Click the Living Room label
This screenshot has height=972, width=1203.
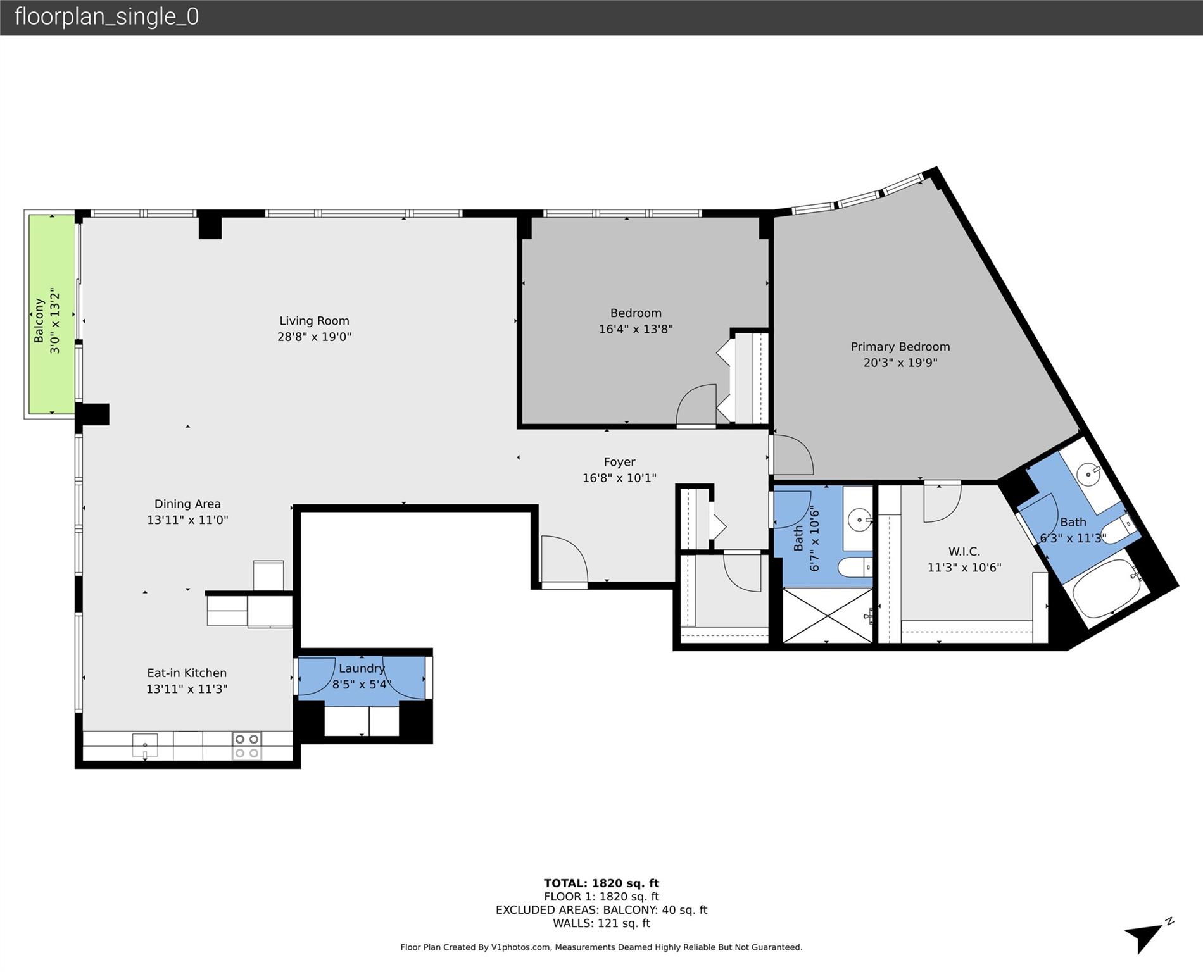coord(314,321)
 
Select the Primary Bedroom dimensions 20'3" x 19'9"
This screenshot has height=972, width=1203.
coord(900,363)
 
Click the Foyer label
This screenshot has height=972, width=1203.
coord(619,462)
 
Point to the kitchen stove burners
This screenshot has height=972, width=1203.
coord(246,745)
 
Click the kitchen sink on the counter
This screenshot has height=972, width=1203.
coord(145,745)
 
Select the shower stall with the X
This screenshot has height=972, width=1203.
coord(827,614)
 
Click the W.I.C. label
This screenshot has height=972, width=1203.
coord(964,552)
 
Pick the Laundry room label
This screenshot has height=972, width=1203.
coord(362,668)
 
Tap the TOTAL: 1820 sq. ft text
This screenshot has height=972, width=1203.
coord(601,883)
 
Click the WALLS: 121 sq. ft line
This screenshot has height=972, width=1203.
coord(601,923)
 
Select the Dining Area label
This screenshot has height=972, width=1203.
coord(187,504)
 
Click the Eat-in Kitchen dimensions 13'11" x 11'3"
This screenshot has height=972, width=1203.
coord(187,689)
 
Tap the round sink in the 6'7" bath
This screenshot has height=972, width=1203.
coord(859,520)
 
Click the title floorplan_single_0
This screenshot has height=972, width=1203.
coord(106,16)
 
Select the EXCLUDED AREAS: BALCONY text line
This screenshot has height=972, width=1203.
coord(601,909)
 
